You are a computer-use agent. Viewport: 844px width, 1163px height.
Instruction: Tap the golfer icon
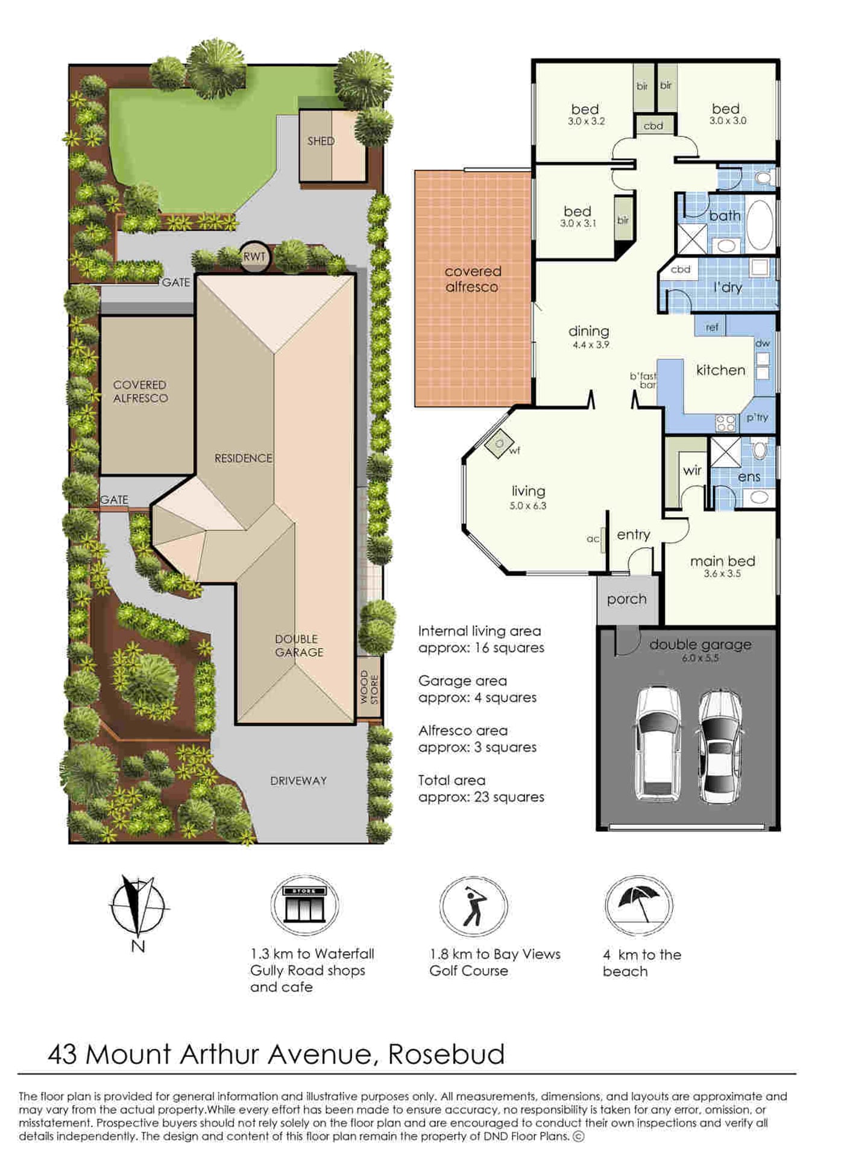[474, 906]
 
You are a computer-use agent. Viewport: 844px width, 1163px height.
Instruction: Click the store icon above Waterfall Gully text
[305, 905]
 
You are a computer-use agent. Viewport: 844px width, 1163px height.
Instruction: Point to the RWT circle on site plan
[254, 257]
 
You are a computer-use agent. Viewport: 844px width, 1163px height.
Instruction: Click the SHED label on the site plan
[321, 141]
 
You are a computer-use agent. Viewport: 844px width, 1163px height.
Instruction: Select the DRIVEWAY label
[298, 781]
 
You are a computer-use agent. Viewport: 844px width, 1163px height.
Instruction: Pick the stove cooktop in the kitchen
[726, 423]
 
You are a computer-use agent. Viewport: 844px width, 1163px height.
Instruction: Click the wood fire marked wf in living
[499, 444]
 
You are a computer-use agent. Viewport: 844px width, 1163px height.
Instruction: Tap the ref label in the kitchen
[712, 327]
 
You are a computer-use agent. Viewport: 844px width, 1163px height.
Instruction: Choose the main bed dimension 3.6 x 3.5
[722, 574]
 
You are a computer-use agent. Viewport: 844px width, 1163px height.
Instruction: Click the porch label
[627, 600]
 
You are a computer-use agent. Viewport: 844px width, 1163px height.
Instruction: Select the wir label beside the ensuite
[692, 470]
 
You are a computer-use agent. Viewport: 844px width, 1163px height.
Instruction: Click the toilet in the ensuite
[760, 449]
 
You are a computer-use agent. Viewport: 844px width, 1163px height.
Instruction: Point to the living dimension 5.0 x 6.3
[528, 506]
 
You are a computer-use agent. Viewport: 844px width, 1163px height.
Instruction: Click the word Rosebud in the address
[446, 1054]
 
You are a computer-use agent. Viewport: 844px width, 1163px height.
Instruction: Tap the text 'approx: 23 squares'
[481, 797]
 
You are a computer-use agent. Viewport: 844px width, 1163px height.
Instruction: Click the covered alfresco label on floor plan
[473, 279]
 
